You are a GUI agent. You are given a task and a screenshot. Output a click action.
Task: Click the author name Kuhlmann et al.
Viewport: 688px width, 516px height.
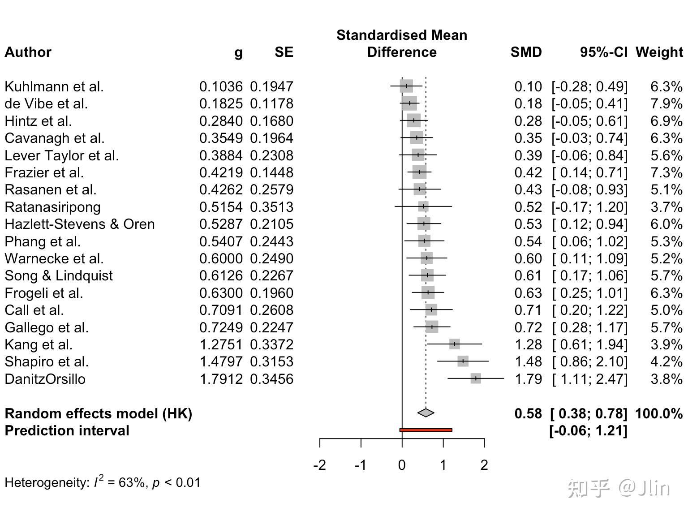coord(54,86)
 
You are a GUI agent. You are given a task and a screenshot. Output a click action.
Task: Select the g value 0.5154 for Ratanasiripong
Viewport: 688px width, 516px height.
coord(221,207)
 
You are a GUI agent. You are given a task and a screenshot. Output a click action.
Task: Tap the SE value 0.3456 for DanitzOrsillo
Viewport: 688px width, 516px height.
coord(271,379)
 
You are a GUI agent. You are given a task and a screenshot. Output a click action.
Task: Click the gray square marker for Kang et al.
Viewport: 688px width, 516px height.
coord(454,344)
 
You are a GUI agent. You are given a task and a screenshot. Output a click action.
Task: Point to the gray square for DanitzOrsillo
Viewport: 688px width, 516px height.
coord(476,378)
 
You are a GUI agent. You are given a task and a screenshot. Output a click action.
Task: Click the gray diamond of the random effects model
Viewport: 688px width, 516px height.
coord(426,413)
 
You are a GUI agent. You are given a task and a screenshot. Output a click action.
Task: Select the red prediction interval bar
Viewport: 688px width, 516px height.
coord(426,430)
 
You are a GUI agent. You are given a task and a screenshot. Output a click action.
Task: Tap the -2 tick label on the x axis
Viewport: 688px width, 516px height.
coord(319,465)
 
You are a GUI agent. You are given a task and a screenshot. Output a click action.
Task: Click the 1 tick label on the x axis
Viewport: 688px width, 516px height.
coord(443,465)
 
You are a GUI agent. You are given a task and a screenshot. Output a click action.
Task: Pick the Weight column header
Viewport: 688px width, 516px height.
coord(659,52)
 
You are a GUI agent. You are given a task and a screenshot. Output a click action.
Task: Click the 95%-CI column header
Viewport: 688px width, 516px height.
coord(603,52)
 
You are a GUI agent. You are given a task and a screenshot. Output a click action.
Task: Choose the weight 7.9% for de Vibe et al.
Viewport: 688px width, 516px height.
coord(666,103)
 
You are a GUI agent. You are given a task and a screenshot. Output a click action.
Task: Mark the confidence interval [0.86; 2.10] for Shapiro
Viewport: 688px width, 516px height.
coord(589,361)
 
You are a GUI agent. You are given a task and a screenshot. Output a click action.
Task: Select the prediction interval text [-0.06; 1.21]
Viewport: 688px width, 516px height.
coord(588,430)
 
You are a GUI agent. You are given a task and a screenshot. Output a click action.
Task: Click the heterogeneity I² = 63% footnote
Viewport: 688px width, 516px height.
coord(102,482)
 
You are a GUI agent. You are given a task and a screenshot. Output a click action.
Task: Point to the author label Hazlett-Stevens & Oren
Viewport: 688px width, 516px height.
coord(80,224)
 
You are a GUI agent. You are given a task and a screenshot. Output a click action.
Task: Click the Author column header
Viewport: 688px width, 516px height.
coord(28,52)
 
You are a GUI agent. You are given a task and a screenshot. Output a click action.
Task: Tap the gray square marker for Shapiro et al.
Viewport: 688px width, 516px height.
coord(463,361)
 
